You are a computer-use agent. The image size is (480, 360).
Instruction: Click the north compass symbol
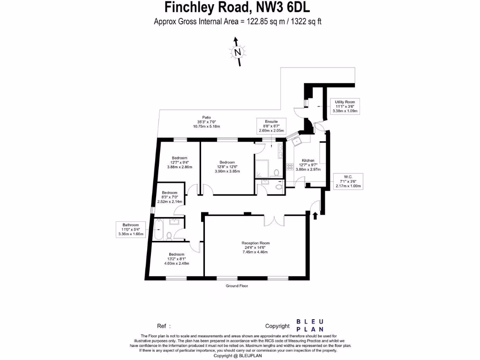(x=238, y=52)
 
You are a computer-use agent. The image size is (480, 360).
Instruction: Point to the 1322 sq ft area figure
(x=303, y=22)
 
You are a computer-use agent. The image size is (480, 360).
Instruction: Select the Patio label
(x=207, y=122)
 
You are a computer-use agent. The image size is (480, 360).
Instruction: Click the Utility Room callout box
(x=345, y=106)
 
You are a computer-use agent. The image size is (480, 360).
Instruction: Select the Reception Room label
(x=255, y=247)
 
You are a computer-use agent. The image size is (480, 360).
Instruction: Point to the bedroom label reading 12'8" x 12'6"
(x=227, y=166)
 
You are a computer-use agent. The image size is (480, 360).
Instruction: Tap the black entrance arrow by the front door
(x=315, y=215)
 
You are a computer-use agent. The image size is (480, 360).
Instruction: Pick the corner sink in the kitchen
(x=296, y=140)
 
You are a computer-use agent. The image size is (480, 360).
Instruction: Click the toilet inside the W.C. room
(x=279, y=186)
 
